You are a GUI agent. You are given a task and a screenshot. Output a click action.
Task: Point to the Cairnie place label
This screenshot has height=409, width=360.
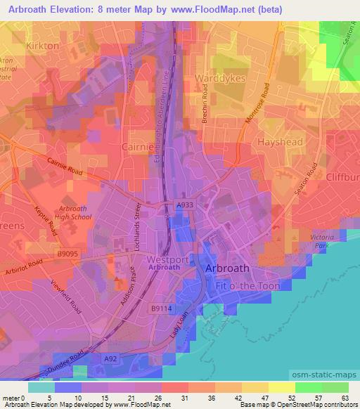137,146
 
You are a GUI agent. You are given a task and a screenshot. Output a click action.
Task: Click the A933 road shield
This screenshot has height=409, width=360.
184,204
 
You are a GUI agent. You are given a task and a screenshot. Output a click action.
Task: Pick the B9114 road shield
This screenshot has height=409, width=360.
161,308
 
